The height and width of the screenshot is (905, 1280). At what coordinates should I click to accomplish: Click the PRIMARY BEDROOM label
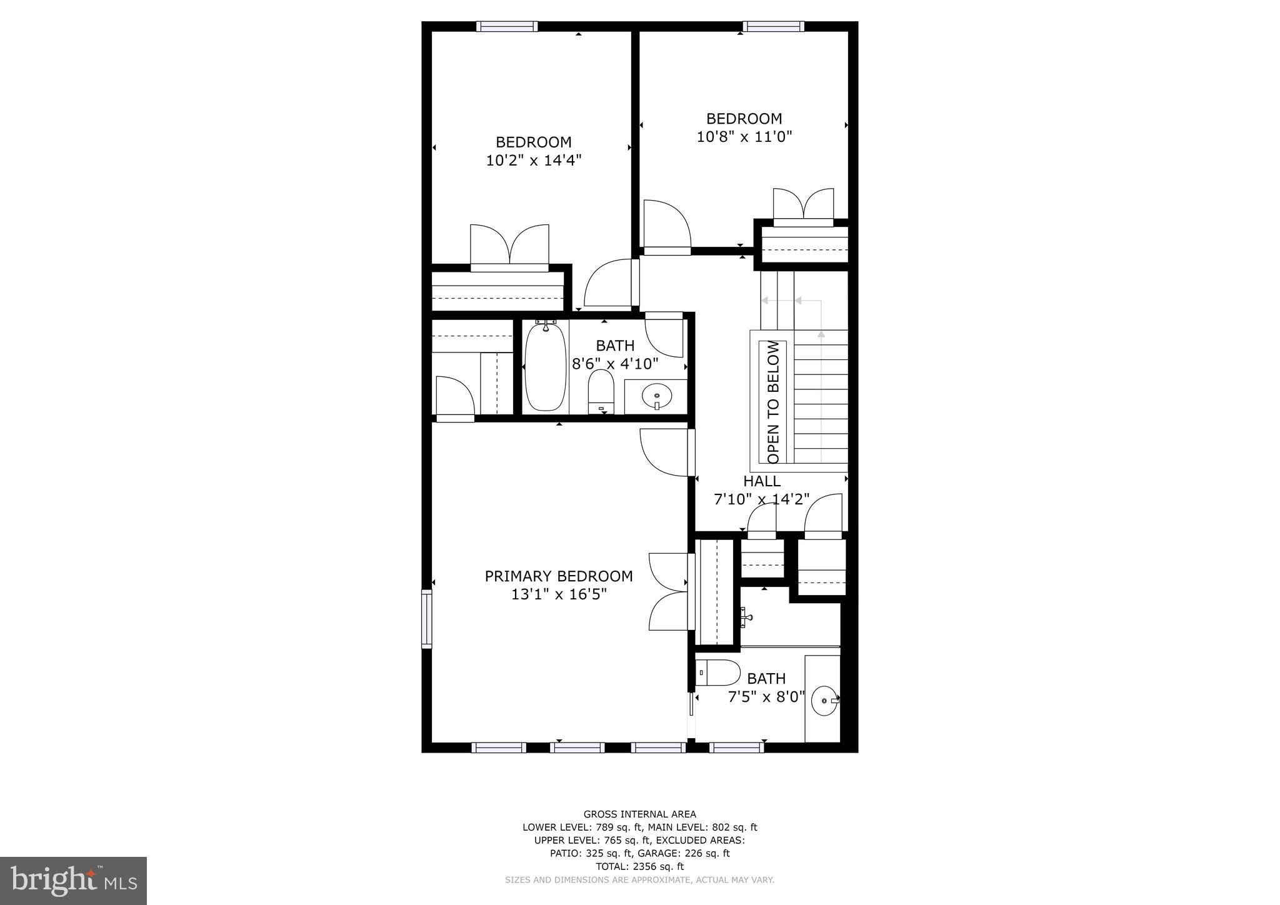558,576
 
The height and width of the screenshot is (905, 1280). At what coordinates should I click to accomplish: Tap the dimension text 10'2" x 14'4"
533,161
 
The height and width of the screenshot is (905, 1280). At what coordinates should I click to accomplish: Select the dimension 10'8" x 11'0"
744,136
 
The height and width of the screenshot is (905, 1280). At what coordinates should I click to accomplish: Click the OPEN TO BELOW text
773,402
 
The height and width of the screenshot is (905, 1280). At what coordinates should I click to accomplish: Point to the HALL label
761,481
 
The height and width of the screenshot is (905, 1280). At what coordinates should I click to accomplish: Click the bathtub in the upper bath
545,367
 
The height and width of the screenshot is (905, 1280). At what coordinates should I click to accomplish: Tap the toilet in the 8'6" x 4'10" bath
601,392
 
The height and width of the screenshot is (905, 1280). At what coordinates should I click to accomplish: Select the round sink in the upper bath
656,396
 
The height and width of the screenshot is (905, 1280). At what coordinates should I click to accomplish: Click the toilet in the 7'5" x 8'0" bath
709,672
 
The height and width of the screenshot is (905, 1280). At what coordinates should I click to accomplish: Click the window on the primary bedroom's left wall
427,619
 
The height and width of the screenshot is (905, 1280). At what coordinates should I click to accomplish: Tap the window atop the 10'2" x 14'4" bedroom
506,26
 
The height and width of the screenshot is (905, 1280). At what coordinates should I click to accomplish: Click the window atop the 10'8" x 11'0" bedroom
773,26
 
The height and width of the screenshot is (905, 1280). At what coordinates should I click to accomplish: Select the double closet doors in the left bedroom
509,247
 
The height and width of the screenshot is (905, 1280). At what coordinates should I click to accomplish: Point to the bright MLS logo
74,881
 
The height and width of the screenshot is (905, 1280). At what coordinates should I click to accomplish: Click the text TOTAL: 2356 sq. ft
639,866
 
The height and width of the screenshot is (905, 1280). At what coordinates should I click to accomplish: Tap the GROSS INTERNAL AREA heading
639,814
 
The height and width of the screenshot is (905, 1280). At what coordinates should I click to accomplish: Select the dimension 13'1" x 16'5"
558,594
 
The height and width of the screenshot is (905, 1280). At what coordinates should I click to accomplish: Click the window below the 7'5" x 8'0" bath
736,747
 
